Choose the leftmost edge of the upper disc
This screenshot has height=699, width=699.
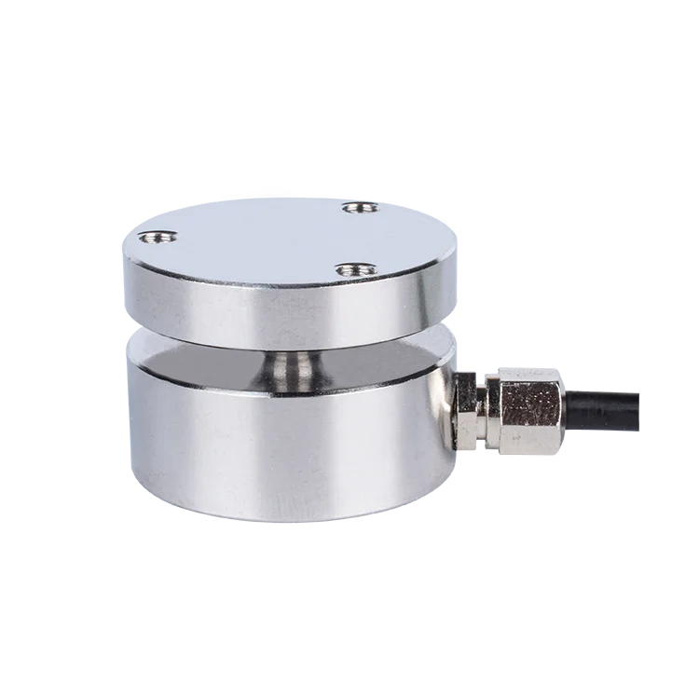(x=121, y=270)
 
